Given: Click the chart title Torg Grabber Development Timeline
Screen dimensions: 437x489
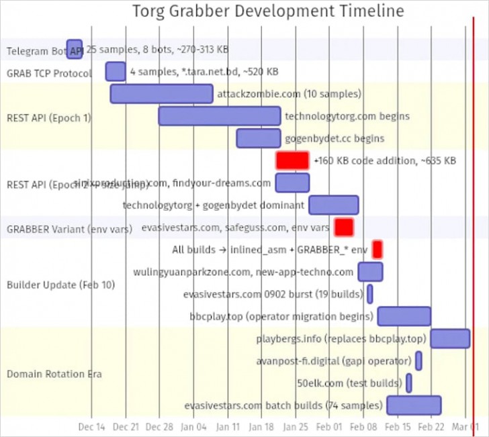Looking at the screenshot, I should (x=267, y=11).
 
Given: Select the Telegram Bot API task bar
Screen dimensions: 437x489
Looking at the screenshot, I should (x=75, y=49).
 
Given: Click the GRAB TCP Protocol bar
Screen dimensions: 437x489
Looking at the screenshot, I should (x=116, y=71).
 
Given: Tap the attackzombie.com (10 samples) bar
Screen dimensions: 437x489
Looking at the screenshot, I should (x=161, y=93).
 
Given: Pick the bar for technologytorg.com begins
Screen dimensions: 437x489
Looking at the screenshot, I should (x=220, y=115).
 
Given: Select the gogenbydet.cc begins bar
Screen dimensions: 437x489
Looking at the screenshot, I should (x=259, y=138).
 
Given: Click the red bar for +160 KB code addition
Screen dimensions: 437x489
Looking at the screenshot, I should (x=293, y=160).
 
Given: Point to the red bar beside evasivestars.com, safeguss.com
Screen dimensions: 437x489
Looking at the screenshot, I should (x=344, y=228).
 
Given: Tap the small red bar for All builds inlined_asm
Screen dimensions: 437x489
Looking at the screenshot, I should (x=377, y=250).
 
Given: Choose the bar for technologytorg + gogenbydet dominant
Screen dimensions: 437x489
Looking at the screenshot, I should (x=334, y=205).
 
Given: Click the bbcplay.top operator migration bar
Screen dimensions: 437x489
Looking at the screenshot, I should (x=404, y=316).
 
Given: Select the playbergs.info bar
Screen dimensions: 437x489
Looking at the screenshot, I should (x=450, y=338).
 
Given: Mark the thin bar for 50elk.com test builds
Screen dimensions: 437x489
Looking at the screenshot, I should (x=409, y=383).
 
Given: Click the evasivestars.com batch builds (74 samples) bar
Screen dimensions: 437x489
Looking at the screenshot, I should (x=414, y=405).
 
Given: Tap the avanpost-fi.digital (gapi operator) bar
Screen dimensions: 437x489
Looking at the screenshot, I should (x=418, y=360).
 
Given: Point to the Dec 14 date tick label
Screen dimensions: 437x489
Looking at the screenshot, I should (x=91, y=426).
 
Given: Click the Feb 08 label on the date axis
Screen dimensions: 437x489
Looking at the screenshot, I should (x=363, y=426).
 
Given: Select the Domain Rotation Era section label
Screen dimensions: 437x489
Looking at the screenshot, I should (x=54, y=374).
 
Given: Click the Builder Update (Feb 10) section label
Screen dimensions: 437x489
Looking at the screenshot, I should (x=60, y=285).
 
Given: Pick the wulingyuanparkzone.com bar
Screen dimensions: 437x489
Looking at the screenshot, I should (x=371, y=272).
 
